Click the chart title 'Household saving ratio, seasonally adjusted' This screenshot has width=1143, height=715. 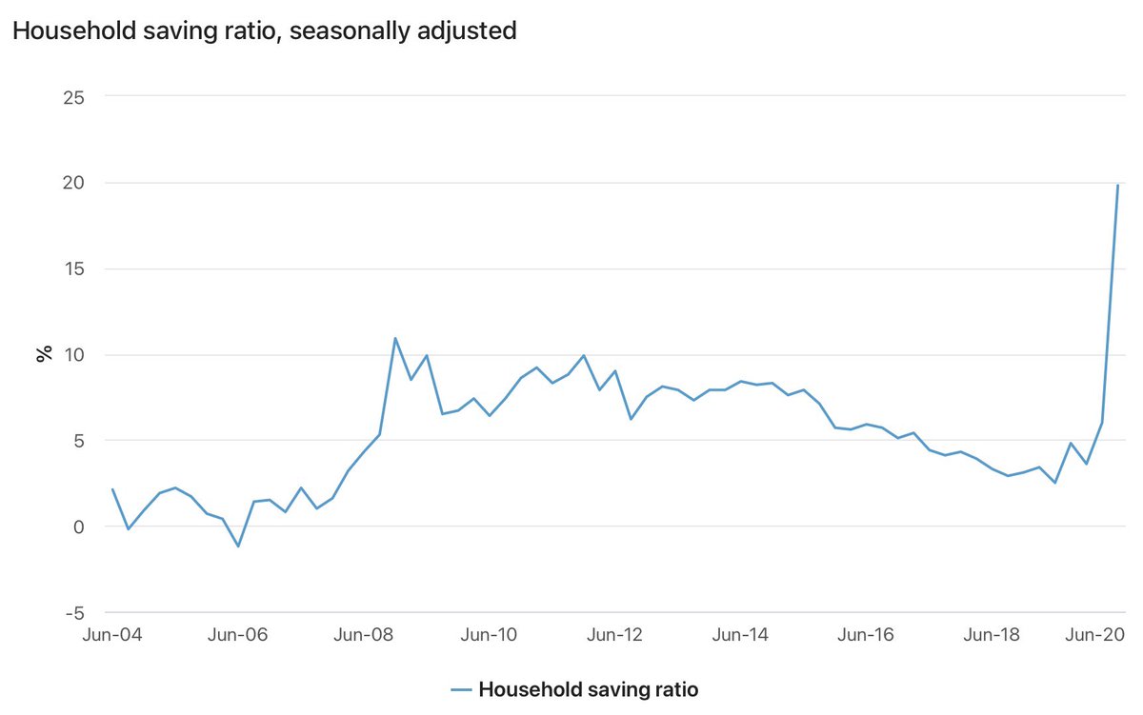coord(265,31)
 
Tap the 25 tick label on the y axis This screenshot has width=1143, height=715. coord(73,97)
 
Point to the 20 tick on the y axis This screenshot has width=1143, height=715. coord(73,183)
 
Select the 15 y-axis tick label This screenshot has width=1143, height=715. coord(74,268)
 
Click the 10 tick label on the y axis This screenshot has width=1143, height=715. coord(74,355)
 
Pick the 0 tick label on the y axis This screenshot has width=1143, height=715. coord(78,526)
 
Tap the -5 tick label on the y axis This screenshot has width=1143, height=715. coord(75,613)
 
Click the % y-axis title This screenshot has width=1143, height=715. coord(45,353)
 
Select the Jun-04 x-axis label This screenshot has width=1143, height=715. coord(112,635)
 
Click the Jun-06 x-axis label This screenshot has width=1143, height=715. coord(238,635)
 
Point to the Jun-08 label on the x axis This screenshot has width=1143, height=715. coord(363,635)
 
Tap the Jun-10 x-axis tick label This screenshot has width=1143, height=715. coord(489,635)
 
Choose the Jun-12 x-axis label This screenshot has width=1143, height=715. coord(614,635)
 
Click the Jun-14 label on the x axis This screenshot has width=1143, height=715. coord(740,635)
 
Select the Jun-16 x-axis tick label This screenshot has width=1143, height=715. coord(866,635)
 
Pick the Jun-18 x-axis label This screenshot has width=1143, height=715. coord(992,635)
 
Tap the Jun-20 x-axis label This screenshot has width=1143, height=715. coord(1095,635)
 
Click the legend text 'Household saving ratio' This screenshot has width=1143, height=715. coord(589,689)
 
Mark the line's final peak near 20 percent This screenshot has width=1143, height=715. coord(1117,185)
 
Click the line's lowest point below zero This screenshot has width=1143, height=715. coord(238,546)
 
